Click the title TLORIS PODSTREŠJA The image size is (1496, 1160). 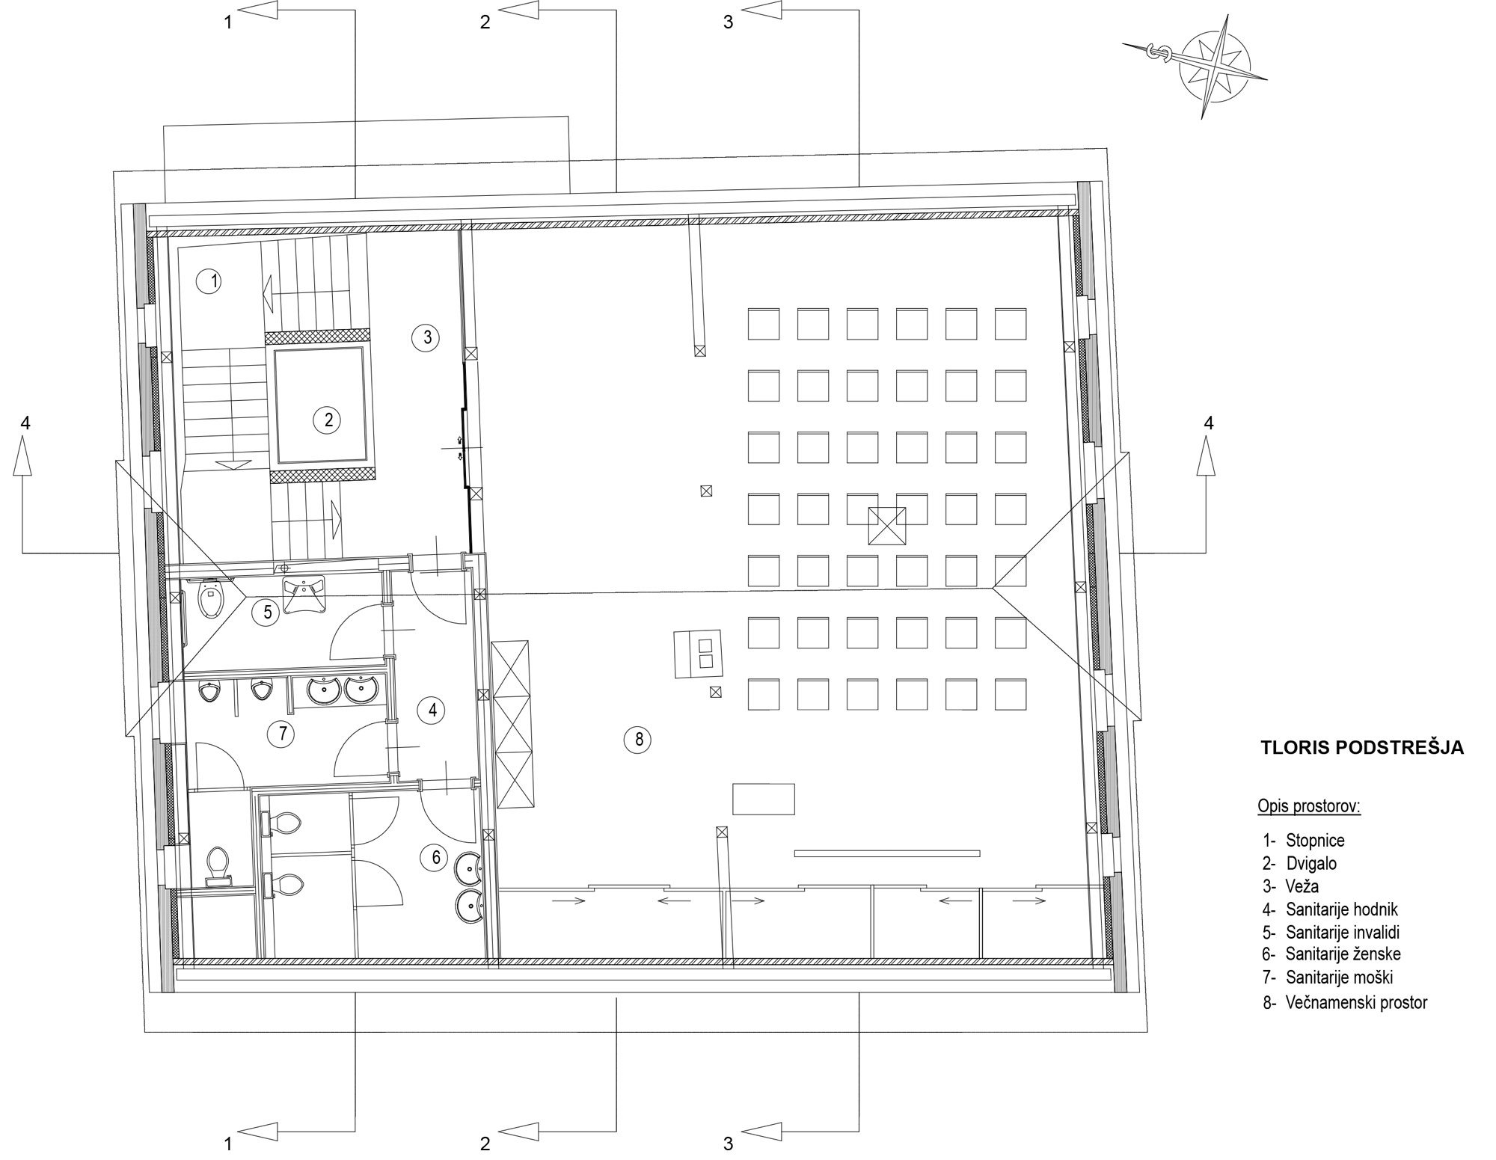click(x=1362, y=748)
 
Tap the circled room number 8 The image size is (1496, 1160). click(x=638, y=740)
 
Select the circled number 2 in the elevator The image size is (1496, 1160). click(x=328, y=420)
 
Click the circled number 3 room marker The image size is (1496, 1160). click(x=426, y=337)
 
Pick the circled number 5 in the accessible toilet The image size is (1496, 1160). click(x=266, y=613)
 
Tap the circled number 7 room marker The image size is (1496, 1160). click(x=282, y=733)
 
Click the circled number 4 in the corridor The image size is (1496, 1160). click(x=432, y=710)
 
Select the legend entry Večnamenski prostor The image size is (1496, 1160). click(x=1346, y=1002)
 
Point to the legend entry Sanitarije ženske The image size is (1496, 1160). click(x=1332, y=954)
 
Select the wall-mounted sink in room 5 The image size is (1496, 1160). click(x=304, y=595)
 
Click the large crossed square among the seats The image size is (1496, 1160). click(x=886, y=526)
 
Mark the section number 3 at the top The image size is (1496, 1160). click(x=728, y=22)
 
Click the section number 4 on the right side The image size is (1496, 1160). click(x=1208, y=423)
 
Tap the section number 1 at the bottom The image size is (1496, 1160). click(x=228, y=1144)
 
